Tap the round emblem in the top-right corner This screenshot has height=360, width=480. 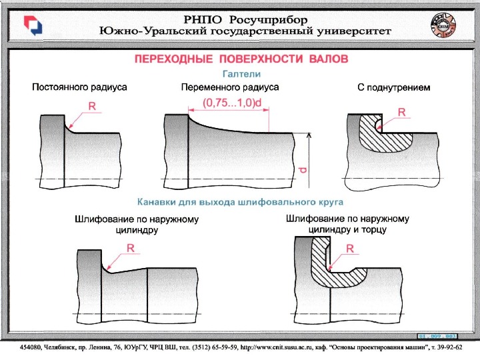click(x=444, y=25)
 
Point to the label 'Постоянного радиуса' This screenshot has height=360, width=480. click(x=80, y=87)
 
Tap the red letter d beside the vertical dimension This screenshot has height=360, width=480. click(x=303, y=170)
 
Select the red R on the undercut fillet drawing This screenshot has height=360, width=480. click(x=401, y=113)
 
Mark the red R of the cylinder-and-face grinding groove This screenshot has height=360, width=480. click(x=349, y=249)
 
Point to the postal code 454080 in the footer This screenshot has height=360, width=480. click(x=31, y=347)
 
